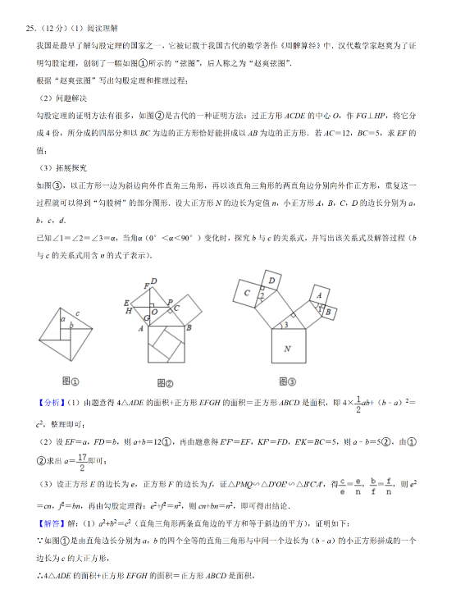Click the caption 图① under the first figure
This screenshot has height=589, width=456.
[x=70, y=381]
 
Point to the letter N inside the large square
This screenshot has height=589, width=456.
[x=287, y=349]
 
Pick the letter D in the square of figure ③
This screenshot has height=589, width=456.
[x=271, y=281]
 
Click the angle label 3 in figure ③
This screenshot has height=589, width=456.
[x=284, y=326]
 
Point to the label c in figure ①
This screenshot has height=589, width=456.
[x=78, y=313]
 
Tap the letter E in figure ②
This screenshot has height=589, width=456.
[x=125, y=302]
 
